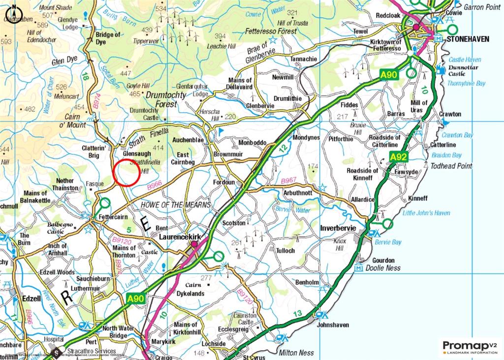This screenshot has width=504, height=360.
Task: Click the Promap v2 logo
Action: click(470, 347)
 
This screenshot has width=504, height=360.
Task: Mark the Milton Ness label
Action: click(297, 353)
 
